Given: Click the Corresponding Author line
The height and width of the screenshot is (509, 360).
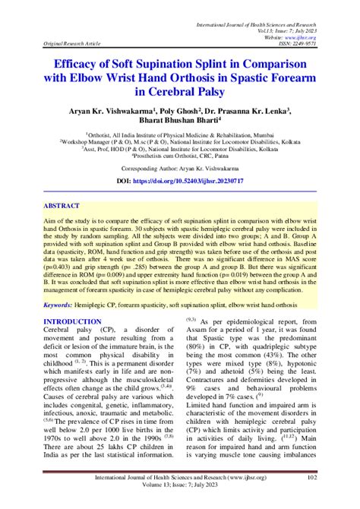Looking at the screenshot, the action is (x=180, y=168).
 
